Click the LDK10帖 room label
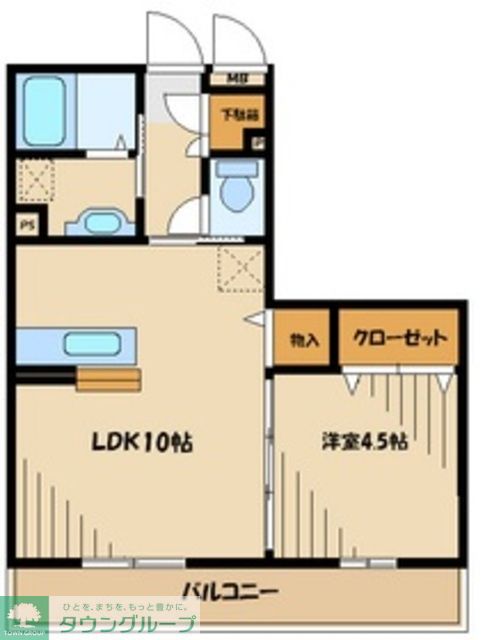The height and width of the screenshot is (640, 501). [142, 441]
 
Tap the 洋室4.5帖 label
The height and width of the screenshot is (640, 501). [363, 441]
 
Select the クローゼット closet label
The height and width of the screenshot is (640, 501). [397, 338]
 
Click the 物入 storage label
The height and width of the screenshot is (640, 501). [304, 340]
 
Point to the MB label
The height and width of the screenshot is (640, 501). [236, 79]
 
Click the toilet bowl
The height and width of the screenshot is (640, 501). [237, 187]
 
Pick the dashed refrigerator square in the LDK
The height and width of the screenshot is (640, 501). [238, 268]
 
